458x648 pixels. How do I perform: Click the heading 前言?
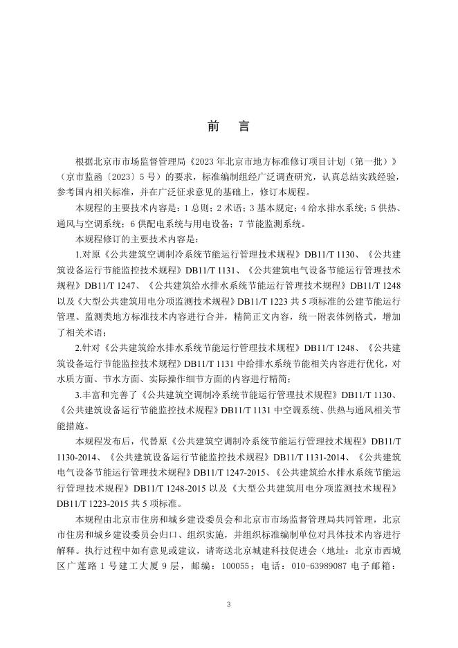coord(228,127)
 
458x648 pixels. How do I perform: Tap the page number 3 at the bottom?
coord(228,604)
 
